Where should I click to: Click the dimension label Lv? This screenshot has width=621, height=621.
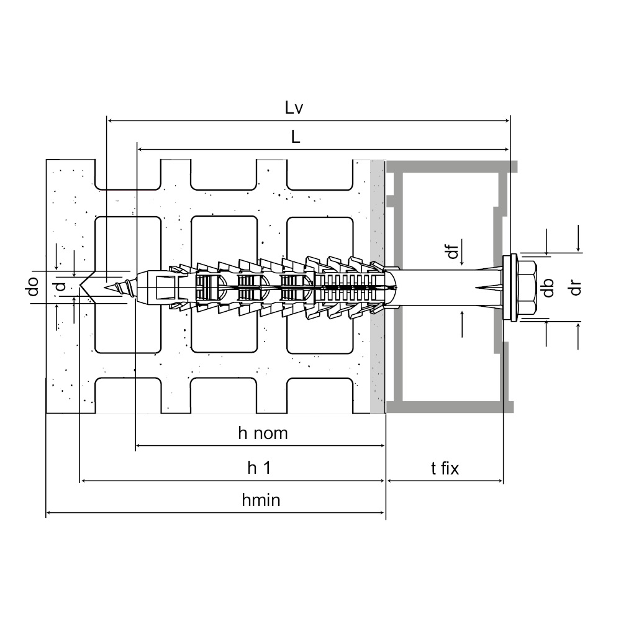pyautogui.click(x=294, y=107)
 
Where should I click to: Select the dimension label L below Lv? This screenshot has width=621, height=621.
pyautogui.click(x=296, y=138)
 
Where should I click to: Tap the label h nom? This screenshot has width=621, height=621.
pyautogui.click(x=263, y=433)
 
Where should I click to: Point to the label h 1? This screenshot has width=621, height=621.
pyautogui.click(x=259, y=468)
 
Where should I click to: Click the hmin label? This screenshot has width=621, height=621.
pyautogui.click(x=261, y=500)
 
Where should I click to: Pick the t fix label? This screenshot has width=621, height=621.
pyautogui.click(x=445, y=468)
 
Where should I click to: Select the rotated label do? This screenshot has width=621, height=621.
pyautogui.click(x=34, y=286)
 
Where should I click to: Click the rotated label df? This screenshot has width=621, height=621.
pyautogui.click(x=453, y=252)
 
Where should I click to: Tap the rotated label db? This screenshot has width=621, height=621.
pyautogui.click(x=547, y=287)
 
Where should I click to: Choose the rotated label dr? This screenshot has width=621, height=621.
pyautogui.click(x=576, y=287)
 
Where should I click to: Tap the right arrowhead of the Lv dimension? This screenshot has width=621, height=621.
pyautogui.click(x=506, y=120)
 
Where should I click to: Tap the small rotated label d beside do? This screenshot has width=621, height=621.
pyautogui.click(x=60, y=287)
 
